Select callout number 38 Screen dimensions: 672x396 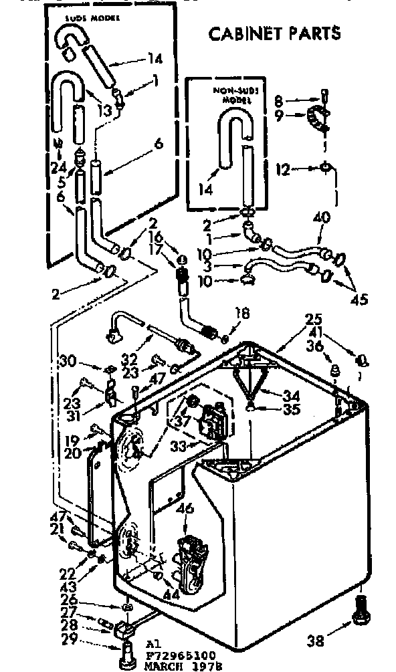click(x=316, y=641)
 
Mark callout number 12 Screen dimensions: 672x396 click(x=284, y=171)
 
